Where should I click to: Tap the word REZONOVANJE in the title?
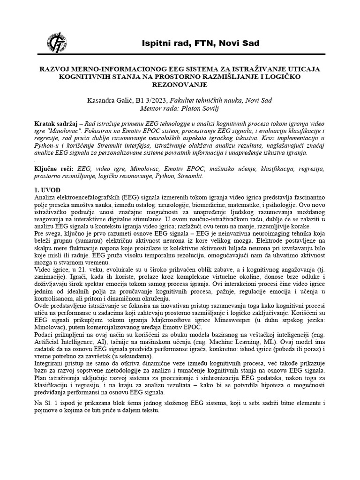click(x=180, y=85)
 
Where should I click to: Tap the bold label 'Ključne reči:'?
click(x=56, y=168)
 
